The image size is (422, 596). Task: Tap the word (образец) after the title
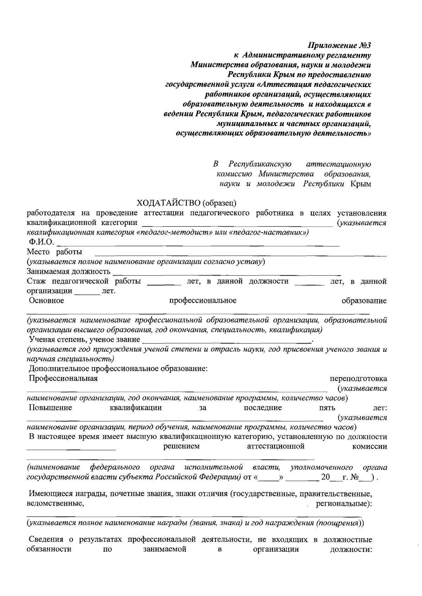coord(219,203)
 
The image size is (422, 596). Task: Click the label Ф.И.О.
coord(41,242)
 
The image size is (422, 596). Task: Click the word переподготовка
coord(358,379)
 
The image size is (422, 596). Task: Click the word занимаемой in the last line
coord(165,549)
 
